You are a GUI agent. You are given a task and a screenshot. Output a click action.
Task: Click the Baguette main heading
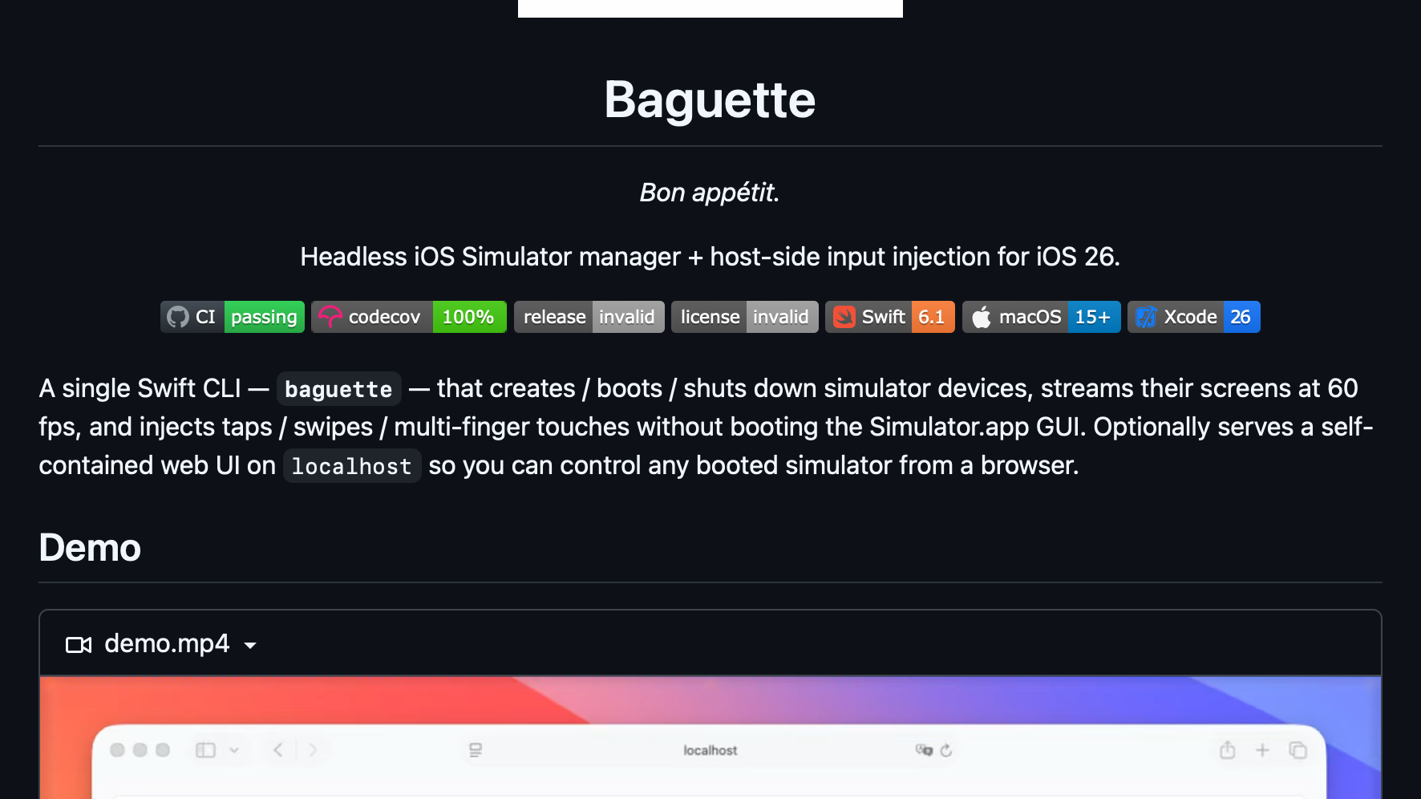[x=710, y=100]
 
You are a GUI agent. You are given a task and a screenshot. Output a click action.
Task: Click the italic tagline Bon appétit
[x=710, y=193]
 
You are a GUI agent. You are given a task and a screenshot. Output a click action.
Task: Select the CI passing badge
[x=233, y=317]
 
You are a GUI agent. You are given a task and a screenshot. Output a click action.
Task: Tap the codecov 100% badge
[x=409, y=317]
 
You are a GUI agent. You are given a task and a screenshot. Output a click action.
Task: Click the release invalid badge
[x=589, y=317]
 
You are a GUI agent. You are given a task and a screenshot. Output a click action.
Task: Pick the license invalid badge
[x=745, y=317]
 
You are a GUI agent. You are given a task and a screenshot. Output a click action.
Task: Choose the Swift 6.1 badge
[x=890, y=317]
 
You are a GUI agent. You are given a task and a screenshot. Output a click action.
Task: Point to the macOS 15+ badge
[x=1042, y=317]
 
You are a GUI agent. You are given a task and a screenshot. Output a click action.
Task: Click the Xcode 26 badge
[x=1194, y=317]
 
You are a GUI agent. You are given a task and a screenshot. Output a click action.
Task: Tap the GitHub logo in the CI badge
[x=178, y=317]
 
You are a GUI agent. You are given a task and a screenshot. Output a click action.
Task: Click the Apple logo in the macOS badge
[x=982, y=317]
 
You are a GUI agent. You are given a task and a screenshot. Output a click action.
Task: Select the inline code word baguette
[x=338, y=389]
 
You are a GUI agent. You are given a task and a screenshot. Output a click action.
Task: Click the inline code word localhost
[x=351, y=466]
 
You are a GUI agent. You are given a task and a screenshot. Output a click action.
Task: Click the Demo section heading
[x=90, y=548]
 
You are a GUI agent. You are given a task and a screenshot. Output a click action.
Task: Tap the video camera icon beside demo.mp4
[x=79, y=645]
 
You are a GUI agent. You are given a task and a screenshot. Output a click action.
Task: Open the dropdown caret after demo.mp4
[x=250, y=646]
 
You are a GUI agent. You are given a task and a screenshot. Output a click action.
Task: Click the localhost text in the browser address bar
[x=710, y=750]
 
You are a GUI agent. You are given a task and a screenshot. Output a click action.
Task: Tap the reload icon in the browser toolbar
[x=946, y=750]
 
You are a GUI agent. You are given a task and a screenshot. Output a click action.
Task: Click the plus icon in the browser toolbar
[x=1262, y=750]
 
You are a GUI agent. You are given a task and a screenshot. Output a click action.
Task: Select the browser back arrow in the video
[x=278, y=750]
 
